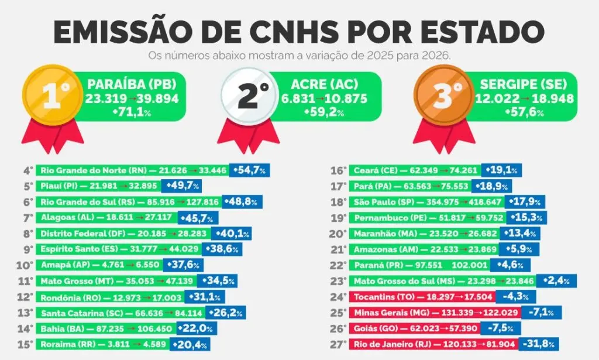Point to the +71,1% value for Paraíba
tap(132, 112)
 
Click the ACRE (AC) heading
tap(325, 84)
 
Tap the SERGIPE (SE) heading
tap(524, 84)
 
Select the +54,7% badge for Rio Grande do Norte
tap(249, 170)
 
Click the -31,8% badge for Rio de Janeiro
tap(539, 344)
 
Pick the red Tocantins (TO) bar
tap(422, 297)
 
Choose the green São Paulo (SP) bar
tap(426, 202)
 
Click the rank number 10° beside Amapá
tap(25, 265)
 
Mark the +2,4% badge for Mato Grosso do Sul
tap(556, 281)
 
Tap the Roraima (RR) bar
tap(103, 344)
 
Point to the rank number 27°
tap(339, 344)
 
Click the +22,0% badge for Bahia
tap(197, 328)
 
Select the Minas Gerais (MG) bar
tap(435, 313)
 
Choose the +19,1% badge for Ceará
tap(501, 170)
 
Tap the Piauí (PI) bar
tap(98, 186)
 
